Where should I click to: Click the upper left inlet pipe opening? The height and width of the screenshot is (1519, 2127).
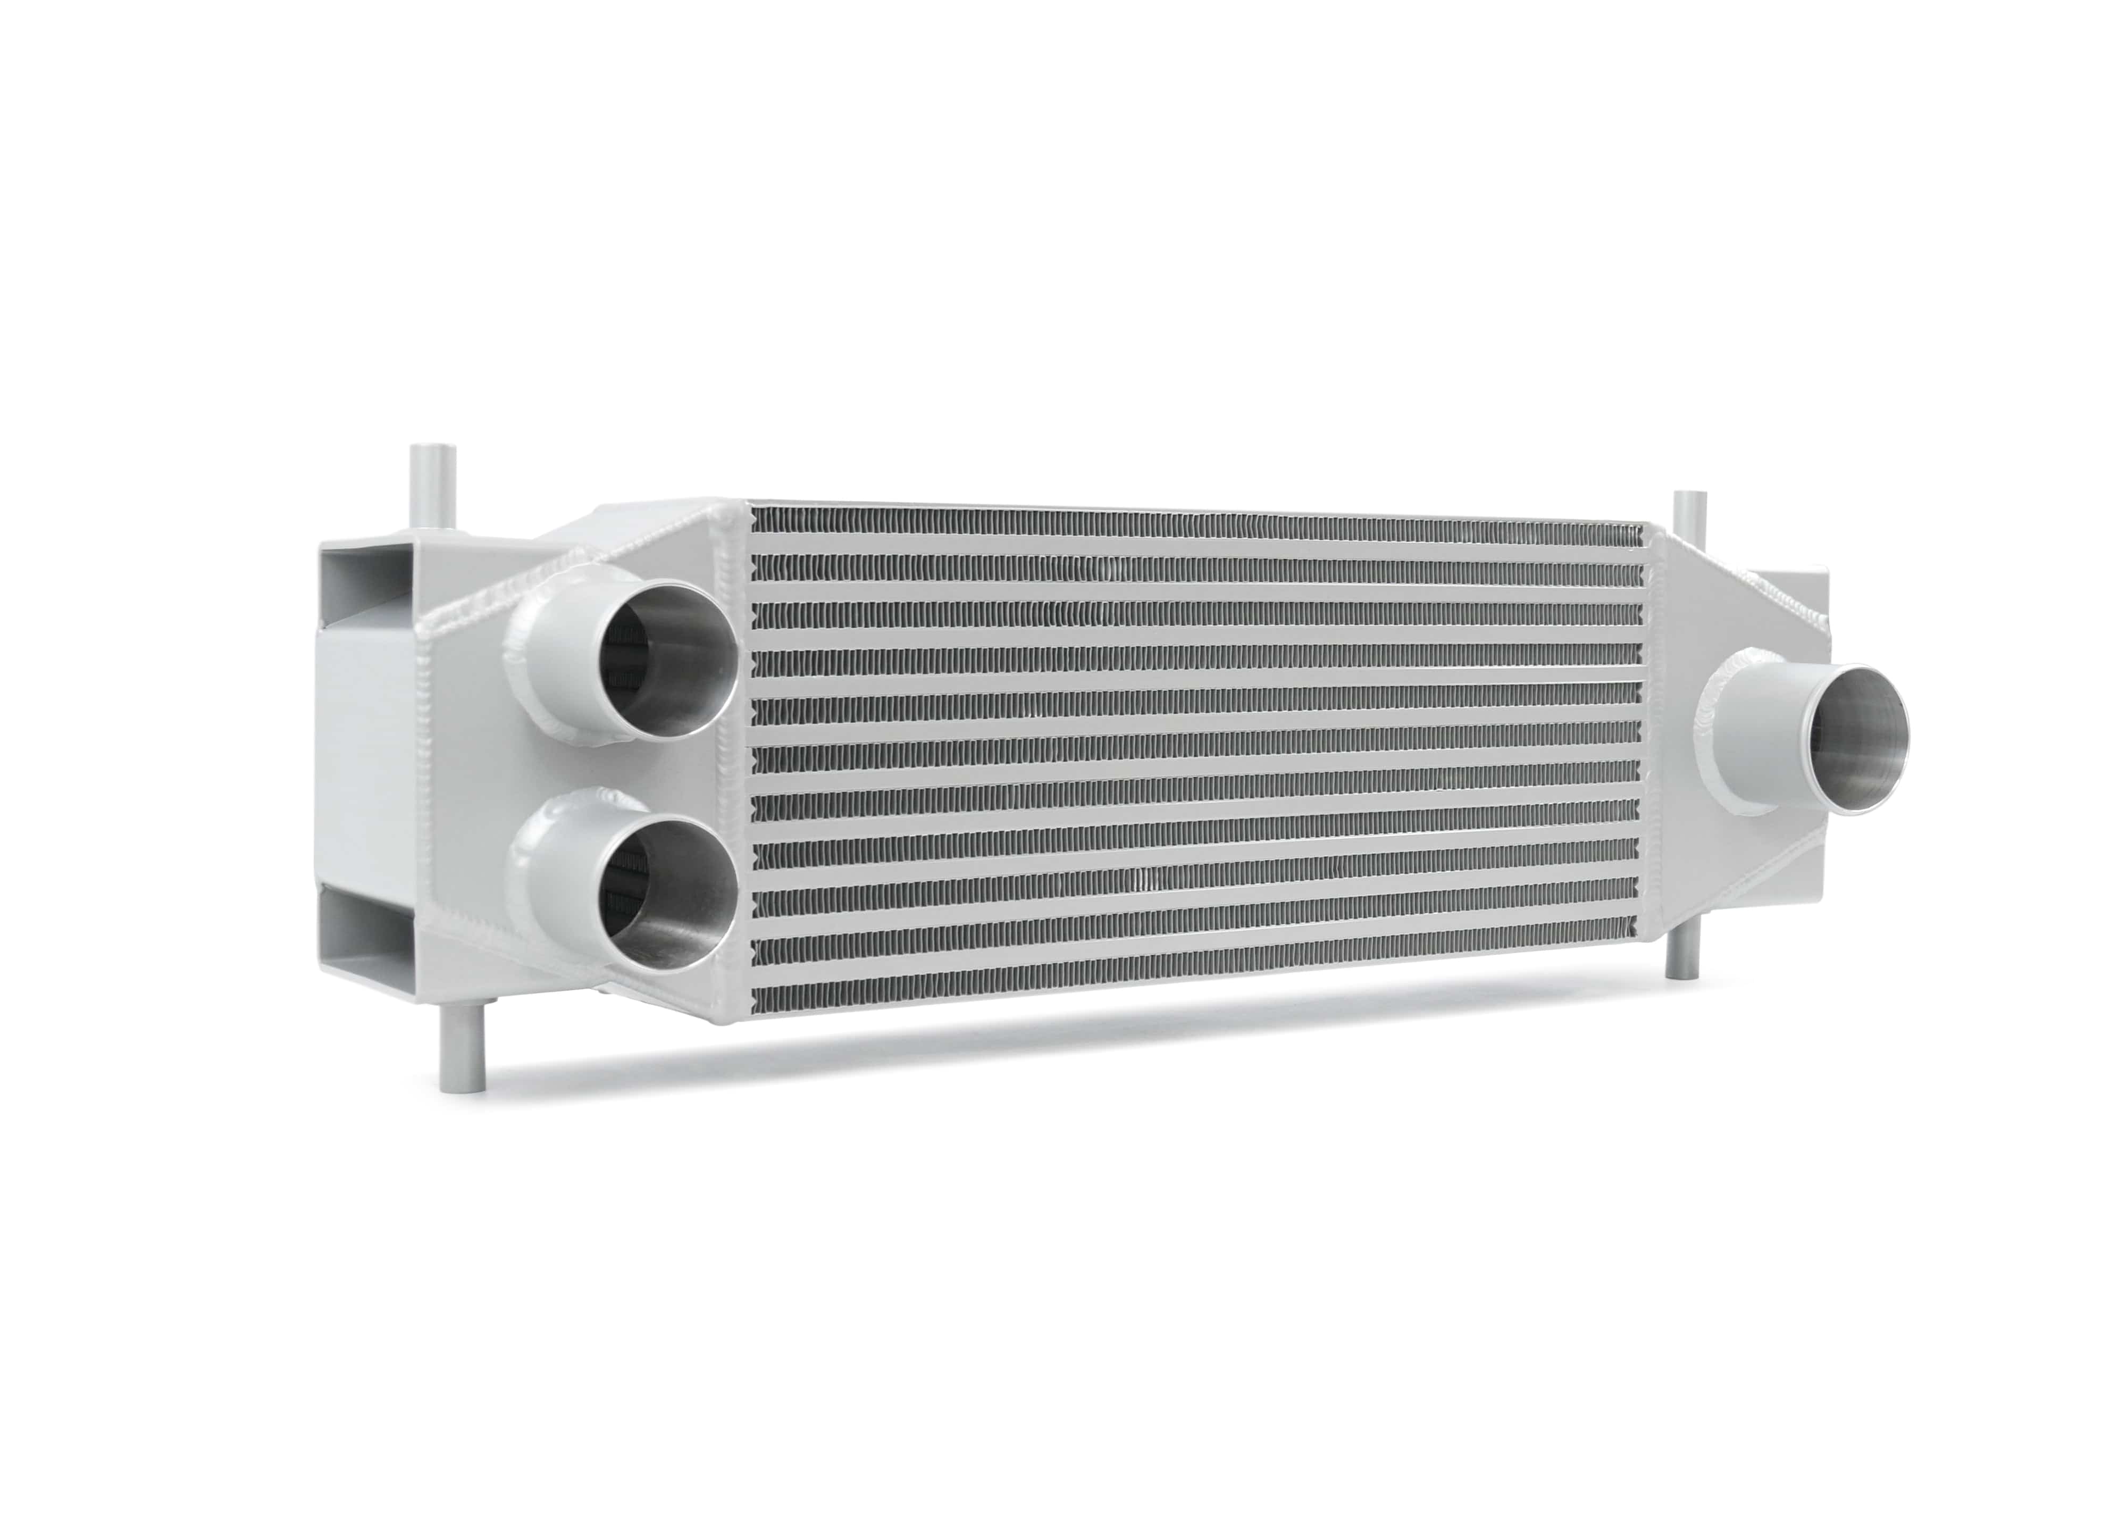[666, 661]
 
